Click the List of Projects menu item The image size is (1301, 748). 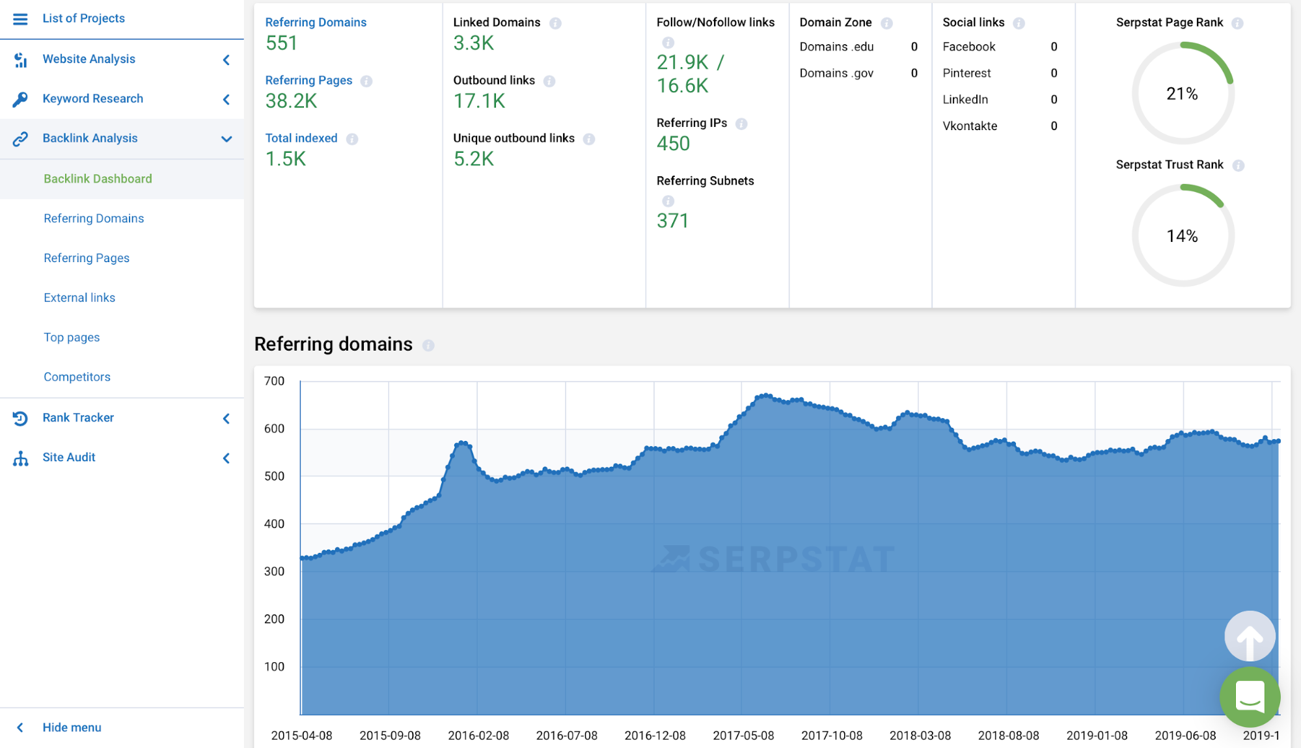83,18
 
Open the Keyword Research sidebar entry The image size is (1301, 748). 92,98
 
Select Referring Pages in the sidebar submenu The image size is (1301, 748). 87,258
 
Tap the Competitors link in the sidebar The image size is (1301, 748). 77,377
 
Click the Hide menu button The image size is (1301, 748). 72,727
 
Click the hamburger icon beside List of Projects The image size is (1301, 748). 20,19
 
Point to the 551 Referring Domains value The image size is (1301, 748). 281,44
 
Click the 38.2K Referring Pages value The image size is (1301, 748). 291,101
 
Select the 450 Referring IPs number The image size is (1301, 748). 673,144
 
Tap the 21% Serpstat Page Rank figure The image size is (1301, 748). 1182,94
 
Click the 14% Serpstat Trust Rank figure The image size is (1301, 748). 1182,236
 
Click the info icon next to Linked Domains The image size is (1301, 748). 555,23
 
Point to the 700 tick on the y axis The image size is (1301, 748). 274,381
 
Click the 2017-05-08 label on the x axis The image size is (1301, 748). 743,736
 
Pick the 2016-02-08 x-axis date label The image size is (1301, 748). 478,736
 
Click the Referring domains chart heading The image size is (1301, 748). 333,344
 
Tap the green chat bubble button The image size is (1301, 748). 1250,697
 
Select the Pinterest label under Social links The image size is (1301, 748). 966,73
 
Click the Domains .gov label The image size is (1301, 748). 836,73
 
